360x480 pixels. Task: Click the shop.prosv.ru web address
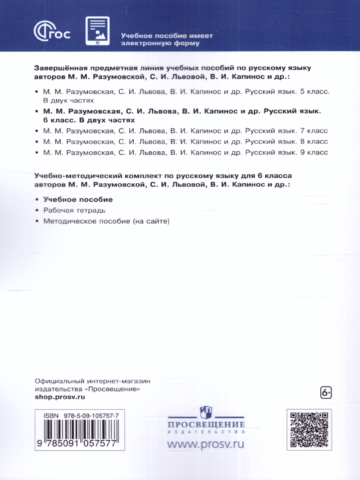[60, 397]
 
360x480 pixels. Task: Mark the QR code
[309, 430]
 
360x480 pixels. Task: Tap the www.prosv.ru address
[206, 444]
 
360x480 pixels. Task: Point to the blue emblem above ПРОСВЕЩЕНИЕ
[206, 411]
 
